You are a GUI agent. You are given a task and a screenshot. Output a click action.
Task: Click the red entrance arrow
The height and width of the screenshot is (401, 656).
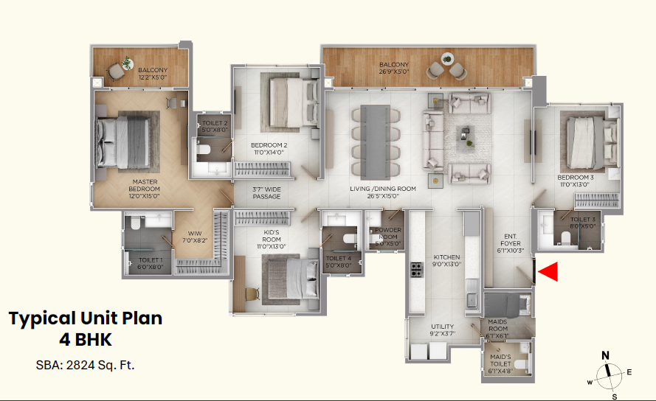548,272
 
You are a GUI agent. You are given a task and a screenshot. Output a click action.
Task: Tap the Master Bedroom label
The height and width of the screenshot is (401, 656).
145,189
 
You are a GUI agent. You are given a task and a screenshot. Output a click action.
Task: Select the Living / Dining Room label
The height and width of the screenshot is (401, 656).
383,192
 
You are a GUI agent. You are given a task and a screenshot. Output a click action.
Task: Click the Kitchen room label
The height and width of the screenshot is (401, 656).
447,260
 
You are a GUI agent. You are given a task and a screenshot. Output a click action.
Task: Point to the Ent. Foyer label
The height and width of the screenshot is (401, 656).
511,243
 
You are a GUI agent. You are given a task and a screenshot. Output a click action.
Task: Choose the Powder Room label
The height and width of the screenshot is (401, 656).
388,237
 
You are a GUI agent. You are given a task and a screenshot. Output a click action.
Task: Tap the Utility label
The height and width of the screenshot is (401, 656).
443,330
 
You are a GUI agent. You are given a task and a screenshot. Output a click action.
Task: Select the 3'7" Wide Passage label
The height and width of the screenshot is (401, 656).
266,193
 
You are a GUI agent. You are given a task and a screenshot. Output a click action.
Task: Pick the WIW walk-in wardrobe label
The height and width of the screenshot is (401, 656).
195,237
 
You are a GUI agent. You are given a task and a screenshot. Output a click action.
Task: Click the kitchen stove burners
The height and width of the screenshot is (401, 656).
416,270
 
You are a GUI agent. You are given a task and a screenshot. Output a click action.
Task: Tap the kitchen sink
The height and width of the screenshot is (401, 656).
473,293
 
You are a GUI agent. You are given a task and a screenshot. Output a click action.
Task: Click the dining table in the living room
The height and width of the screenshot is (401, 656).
376,142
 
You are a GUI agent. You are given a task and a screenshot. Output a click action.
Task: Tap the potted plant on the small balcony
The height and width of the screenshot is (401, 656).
127,63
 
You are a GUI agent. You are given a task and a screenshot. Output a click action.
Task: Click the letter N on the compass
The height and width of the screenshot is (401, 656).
605,355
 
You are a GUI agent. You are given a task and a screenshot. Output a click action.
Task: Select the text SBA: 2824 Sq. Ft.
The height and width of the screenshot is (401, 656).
86,365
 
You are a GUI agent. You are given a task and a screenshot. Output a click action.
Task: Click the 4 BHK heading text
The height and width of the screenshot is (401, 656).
86,340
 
